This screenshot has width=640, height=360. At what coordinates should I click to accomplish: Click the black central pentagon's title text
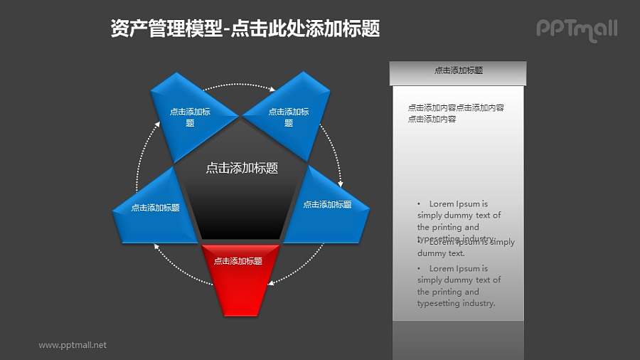(x=241, y=169)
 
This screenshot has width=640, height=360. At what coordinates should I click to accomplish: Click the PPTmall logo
(x=576, y=29)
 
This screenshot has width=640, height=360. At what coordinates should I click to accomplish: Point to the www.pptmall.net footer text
(x=73, y=345)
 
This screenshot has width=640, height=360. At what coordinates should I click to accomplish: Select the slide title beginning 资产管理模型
(x=245, y=28)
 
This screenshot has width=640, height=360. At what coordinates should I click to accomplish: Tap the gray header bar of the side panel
(x=458, y=72)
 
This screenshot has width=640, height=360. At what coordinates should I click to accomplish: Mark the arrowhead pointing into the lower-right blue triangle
(x=340, y=184)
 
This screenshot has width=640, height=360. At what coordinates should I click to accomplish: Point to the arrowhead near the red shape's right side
(x=272, y=282)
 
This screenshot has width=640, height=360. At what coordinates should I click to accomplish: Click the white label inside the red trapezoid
(x=241, y=261)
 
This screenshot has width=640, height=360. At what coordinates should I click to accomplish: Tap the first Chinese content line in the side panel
(x=456, y=108)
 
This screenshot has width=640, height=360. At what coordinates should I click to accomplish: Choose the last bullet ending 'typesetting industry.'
(x=459, y=286)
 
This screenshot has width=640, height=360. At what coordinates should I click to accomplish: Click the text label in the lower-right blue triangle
(x=327, y=205)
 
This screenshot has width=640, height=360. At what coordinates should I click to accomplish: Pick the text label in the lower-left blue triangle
(x=155, y=208)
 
